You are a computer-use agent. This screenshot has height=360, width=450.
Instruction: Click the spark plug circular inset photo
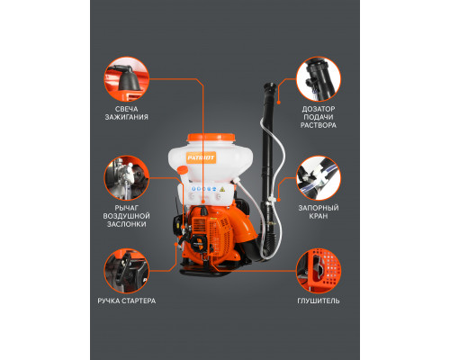tap(127, 79)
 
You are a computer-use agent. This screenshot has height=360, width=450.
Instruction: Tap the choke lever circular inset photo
tap(127, 178)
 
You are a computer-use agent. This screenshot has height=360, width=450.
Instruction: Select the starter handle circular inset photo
tap(127, 271)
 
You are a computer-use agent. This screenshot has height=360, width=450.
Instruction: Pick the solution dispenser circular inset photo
tap(319, 79)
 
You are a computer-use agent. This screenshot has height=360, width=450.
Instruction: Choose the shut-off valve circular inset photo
tap(319, 178)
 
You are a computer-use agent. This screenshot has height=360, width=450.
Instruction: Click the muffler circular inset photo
tap(319, 271)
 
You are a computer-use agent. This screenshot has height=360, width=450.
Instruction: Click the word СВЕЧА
tap(127, 109)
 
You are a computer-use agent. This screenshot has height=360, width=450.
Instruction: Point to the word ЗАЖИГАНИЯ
tap(127, 117)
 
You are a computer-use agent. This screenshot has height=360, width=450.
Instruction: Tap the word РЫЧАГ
tap(127, 208)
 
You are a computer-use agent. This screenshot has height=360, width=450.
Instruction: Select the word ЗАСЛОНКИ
tap(127, 224)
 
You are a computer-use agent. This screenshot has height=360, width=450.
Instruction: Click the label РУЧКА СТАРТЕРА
tap(127, 301)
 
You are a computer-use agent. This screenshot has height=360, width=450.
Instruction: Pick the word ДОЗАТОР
tap(319, 109)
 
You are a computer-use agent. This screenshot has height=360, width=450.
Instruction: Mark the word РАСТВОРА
tap(319, 125)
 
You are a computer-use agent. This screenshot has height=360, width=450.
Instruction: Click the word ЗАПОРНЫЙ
tap(319, 208)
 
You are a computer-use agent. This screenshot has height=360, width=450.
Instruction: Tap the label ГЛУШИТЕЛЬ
tap(319, 301)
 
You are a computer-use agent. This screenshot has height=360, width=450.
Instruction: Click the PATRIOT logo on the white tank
tap(201, 157)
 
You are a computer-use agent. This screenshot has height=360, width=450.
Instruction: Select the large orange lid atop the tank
tap(211, 138)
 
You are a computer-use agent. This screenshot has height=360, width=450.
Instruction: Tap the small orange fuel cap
tap(182, 170)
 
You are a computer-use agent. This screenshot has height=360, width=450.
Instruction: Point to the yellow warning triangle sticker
tap(222, 189)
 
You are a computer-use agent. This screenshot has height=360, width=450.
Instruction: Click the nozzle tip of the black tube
tap(270, 86)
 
